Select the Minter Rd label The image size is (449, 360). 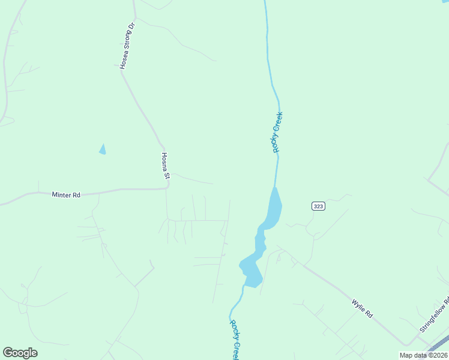(x=66, y=194)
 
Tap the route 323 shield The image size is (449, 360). (x=318, y=206)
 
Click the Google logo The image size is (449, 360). (x=20, y=353)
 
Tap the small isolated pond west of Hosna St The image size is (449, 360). (x=103, y=149)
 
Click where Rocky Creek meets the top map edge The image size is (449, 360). (x=265, y=2)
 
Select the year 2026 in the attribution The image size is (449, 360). (x=439, y=355)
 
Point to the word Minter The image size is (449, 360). (x=61, y=194)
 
